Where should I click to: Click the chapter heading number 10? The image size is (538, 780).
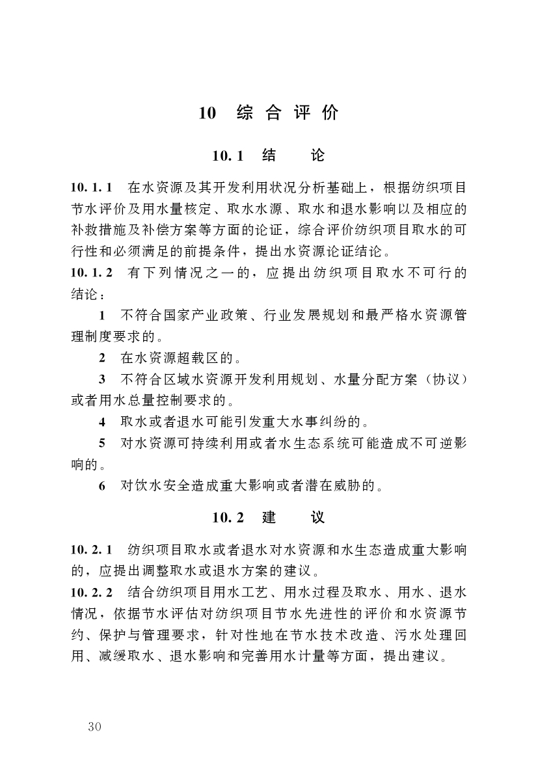(x=207, y=113)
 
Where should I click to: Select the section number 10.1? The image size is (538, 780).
(x=227, y=156)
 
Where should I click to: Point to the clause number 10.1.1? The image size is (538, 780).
(x=92, y=188)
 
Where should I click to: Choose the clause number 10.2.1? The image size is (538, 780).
(x=92, y=550)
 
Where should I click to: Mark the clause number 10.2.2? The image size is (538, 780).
(x=92, y=592)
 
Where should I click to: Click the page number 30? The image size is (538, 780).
(x=94, y=726)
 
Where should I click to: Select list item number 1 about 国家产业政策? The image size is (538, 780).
(x=102, y=316)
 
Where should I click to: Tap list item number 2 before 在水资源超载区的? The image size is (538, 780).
(x=102, y=358)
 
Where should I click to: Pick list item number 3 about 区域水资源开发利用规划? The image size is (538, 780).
(x=102, y=379)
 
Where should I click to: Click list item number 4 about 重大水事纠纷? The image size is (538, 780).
(x=102, y=422)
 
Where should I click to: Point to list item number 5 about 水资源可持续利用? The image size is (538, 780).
(x=102, y=443)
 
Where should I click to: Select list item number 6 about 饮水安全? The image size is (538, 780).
(x=102, y=485)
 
